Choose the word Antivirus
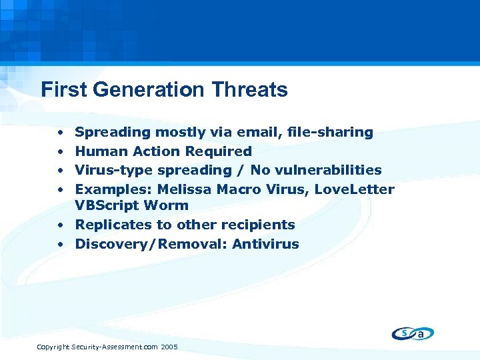pos(265,244)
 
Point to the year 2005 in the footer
pos(169,347)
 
